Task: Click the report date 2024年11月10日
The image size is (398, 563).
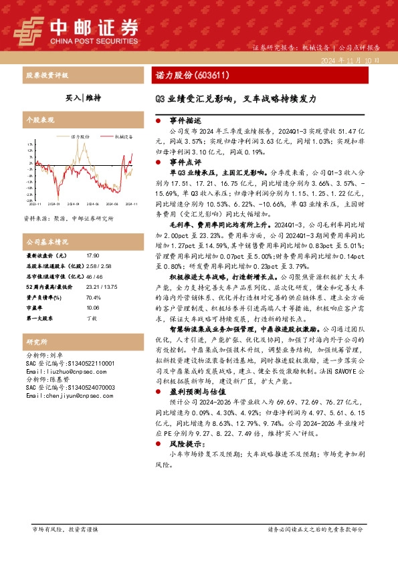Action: [x=351, y=61]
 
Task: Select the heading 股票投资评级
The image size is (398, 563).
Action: [x=46, y=75]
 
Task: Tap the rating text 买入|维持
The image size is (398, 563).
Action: [x=83, y=98]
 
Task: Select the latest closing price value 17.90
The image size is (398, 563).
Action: [x=93, y=256]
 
